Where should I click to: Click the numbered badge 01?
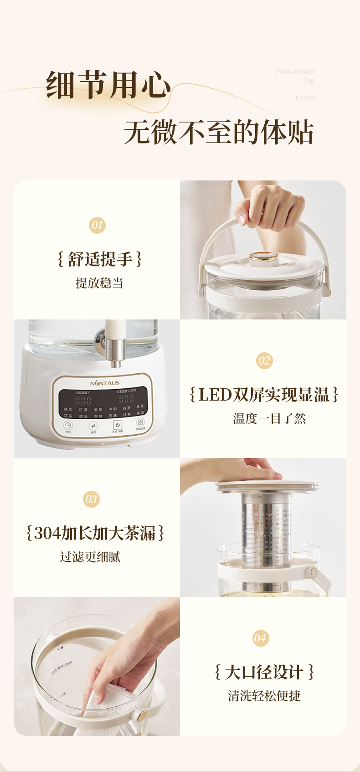point(97,225)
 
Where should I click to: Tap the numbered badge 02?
point(264,361)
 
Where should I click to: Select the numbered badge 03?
point(91,499)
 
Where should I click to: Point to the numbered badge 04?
point(260,638)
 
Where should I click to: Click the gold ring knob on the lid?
point(264,258)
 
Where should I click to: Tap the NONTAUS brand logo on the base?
point(104,383)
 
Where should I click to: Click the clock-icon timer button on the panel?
point(68,425)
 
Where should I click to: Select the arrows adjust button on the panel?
point(93,426)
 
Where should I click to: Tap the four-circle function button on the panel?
point(140,422)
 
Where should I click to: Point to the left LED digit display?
point(83,401)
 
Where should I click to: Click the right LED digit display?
point(126,399)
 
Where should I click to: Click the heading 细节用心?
point(108,85)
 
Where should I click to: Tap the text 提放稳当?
point(99,283)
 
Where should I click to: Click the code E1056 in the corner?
point(304,98)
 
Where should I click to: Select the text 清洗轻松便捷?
point(264,696)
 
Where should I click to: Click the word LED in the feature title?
point(215,395)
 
